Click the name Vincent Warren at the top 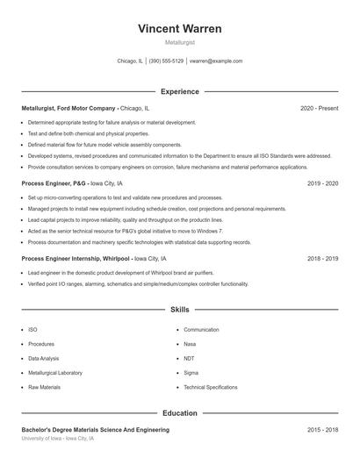[179, 28]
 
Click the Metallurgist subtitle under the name [179, 42]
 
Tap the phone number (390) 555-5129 [166, 61]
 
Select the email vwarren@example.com [216, 61]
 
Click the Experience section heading [179, 91]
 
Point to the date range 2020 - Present [319, 108]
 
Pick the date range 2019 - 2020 [322, 184]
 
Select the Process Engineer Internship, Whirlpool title [75, 260]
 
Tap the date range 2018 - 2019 [322, 260]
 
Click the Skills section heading [179, 310]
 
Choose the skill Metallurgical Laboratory [55, 373]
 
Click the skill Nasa [190, 344]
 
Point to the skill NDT [190, 358]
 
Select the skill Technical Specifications [211, 387]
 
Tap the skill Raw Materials [44, 387]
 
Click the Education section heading [179, 412]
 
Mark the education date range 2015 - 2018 [322, 430]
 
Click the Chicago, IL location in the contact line [130, 61]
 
